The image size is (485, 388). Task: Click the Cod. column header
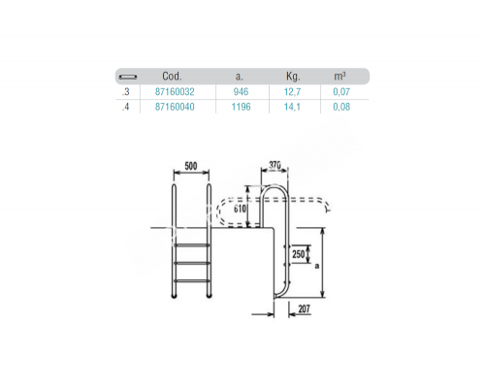(172, 77)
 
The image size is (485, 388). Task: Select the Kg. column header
(293, 77)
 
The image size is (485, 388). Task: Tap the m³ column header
(339, 77)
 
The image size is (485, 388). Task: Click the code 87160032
(175, 92)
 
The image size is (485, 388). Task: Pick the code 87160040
(175, 107)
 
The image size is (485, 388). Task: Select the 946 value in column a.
(241, 92)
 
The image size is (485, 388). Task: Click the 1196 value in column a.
(241, 107)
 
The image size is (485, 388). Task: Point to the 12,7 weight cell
(292, 92)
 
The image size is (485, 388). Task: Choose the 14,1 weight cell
(292, 107)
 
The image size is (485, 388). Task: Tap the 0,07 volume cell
(341, 92)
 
